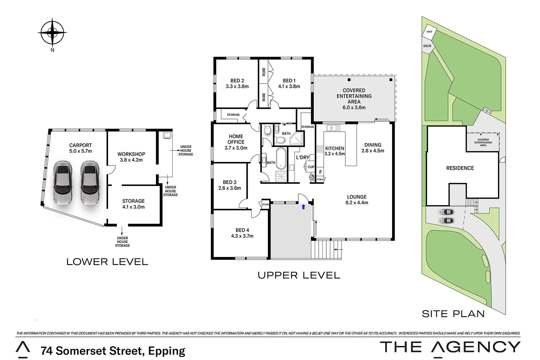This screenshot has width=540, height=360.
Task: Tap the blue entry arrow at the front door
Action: (303, 207)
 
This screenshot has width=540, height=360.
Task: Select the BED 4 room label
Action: (242, 233)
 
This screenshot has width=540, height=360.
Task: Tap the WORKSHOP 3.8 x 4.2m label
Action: (131, 157)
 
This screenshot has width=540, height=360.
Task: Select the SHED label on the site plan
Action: (429, 32)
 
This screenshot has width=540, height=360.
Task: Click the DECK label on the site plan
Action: (427, 46)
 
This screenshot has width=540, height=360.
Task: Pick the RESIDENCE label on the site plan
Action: (460, 168)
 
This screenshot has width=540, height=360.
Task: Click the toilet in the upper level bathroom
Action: (267, 130)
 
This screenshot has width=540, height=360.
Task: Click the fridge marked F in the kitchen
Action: (320, 172)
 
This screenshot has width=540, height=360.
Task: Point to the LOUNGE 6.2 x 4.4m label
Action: (357, 200)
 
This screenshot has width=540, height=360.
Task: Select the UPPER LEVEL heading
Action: (299, 275)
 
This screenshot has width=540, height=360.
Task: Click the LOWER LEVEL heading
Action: (107, 262)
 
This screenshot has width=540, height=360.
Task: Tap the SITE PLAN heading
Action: (453, 314)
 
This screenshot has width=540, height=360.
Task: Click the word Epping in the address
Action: (167, 351)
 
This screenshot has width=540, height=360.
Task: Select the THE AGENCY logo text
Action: (450, 347)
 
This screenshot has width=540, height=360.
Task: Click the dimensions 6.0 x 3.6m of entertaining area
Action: (354, 107)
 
